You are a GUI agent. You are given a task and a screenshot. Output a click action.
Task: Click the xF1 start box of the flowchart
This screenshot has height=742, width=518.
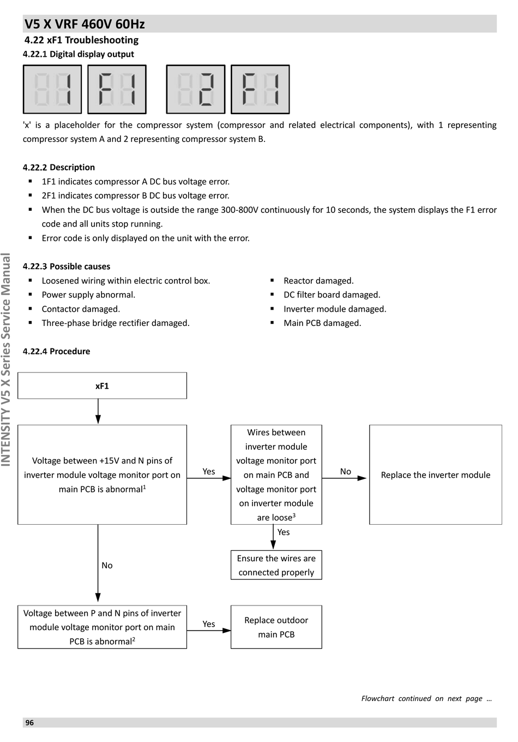pos(102,385)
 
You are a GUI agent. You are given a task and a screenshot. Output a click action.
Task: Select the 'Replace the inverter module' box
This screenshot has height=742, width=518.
pos(435,474)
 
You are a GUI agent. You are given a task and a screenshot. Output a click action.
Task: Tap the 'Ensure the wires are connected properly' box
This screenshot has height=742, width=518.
pos(276,565)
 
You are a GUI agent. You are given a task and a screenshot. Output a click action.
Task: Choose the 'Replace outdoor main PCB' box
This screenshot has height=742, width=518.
pos(276,627)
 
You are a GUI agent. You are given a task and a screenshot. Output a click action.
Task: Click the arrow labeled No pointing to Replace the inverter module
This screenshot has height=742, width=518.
pos(344,478)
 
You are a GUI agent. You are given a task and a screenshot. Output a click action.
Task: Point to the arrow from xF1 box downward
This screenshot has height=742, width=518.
pos(98,412)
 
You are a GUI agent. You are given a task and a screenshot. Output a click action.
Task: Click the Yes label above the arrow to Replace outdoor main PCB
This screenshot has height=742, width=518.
pos(209,624)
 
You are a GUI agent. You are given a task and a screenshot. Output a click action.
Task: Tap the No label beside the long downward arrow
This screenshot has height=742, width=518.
pos(107,565)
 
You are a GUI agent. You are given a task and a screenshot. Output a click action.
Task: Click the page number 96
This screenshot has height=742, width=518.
pos(29,722)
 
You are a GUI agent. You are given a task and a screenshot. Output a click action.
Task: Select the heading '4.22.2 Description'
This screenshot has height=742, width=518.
pos(58,167)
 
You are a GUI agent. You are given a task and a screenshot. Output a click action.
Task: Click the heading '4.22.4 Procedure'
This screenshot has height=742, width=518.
pos(56,351)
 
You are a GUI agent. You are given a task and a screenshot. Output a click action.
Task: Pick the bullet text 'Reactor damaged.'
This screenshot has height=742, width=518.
pos(318,281)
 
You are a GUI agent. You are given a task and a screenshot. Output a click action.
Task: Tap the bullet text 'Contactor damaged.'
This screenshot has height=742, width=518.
pos(81,309)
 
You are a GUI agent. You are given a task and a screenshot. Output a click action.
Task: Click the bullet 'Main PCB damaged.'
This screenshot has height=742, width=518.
pos(322,323)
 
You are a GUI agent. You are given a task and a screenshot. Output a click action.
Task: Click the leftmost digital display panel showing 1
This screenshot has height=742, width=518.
pos(52,89)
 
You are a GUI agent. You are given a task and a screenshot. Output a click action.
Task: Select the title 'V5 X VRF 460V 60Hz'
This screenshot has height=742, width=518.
pos(85,24)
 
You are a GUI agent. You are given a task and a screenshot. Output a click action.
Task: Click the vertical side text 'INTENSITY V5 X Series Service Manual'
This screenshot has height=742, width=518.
pos(6,360)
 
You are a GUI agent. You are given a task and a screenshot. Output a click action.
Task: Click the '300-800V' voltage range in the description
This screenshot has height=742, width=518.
pos(239,210)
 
